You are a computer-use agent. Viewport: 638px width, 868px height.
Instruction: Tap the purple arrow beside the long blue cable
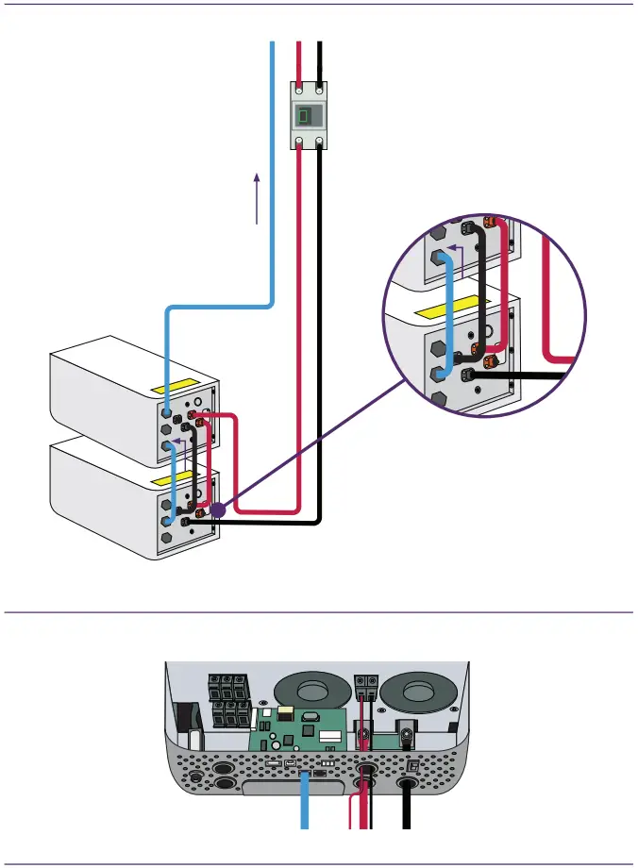click(x=257, y=197)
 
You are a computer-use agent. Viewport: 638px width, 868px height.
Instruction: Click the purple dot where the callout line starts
click(x=217, y=510)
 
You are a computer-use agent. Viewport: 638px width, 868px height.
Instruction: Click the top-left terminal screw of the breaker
click(x=299, y=88)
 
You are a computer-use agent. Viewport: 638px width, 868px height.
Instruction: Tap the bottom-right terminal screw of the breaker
click(x=321, y=142)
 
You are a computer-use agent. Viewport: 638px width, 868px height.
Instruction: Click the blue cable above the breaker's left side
click(x=273, y=66)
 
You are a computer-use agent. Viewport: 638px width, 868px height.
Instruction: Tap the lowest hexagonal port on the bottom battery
click(x=168, y=537)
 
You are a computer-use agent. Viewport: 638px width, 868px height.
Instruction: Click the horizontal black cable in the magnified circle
click(x=519, y=376)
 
